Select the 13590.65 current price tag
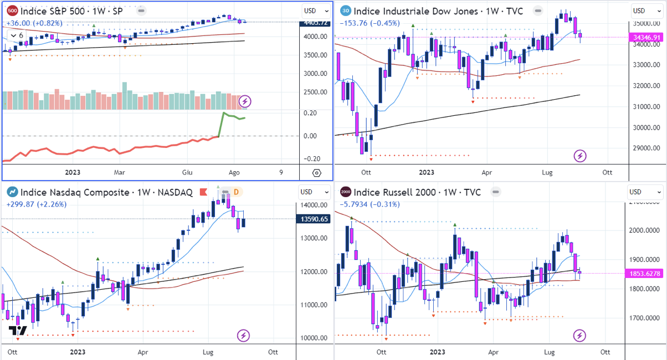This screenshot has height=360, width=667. click(x=315, y=219)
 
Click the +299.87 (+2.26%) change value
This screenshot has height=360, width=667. click(x=36, y=204)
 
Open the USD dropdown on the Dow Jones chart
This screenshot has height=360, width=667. click(x=647, y=11)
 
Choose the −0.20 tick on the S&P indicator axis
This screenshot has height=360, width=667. click(x=310, y=159)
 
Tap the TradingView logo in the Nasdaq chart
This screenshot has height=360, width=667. click(x=18, y=331)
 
